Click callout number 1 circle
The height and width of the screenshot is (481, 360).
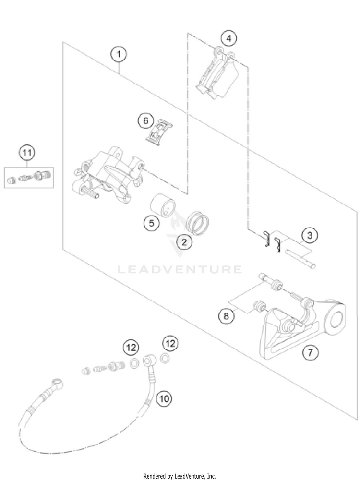118,54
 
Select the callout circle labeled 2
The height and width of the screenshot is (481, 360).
183,242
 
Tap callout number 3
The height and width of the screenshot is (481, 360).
310,235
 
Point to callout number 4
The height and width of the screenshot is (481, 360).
229,38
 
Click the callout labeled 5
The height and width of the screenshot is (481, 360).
151,223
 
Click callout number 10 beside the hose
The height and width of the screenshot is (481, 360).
165,398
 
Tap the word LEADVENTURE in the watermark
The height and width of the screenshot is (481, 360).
180,269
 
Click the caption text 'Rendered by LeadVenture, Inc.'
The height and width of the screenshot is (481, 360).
180,476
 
